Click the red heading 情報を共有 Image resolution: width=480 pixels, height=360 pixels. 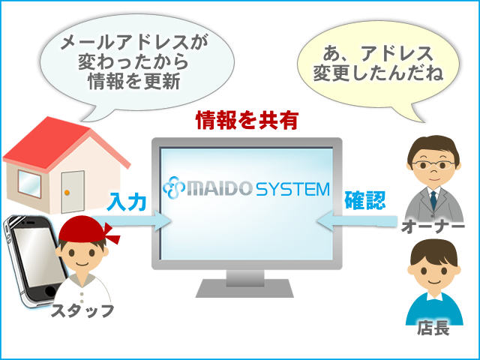247,120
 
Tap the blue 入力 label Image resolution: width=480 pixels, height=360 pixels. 127,202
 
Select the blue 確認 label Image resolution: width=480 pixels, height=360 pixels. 365,200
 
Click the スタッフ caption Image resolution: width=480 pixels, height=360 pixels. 82,311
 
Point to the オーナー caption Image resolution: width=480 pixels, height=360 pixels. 433,226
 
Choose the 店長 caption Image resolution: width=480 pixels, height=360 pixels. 433,328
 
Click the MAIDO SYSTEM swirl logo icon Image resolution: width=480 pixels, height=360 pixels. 174,187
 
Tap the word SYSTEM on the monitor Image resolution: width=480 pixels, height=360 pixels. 292,189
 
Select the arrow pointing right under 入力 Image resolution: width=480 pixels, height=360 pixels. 132,221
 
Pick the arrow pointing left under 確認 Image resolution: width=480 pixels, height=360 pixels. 357,221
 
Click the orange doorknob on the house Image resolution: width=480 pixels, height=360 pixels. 67,193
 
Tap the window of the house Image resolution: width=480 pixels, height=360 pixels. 29,184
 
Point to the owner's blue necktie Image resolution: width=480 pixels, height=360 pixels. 433,200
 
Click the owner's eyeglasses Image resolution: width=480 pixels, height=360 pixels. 433,165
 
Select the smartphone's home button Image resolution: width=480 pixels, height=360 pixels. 49,292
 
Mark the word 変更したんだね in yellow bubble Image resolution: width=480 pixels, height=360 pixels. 378,73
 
